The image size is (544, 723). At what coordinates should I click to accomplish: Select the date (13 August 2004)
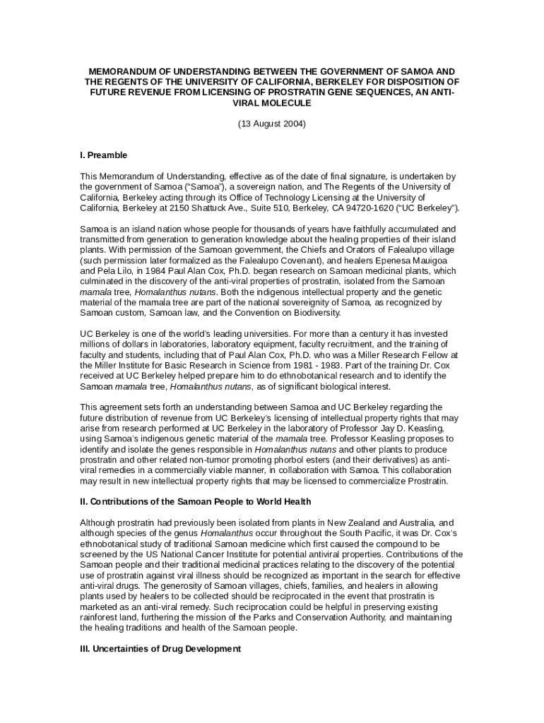pyautogui.click(x=272, y=124)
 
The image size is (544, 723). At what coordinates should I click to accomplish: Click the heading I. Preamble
pyautogui.click(x=103, y=155)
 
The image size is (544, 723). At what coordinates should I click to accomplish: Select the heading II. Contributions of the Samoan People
pyautogui.click(x=195, y=502)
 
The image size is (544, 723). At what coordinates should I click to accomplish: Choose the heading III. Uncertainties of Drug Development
pyautogui.click(x=160, y=648)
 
